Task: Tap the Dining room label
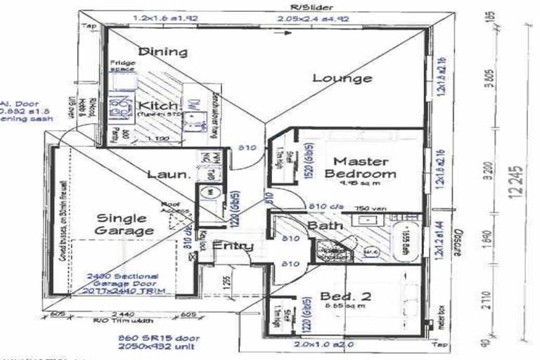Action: coord(162,51)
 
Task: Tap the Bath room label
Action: coord(324,225)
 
